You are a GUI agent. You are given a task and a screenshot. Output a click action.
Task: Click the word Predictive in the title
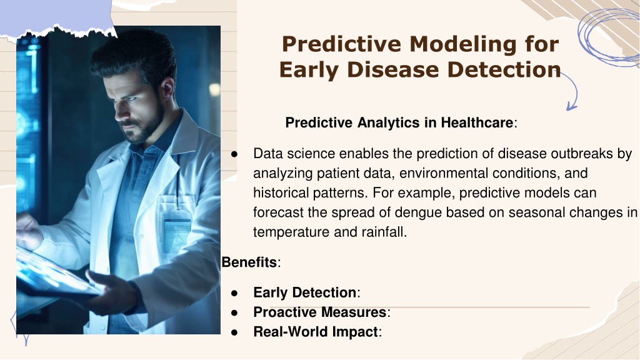[342, 44]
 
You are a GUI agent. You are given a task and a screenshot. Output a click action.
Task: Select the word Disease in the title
[394, 69]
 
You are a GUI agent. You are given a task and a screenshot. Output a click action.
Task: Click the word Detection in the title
[504, 69]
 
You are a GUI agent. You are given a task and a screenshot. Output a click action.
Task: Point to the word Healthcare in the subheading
[477, 122]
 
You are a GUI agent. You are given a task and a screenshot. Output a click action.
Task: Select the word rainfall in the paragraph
[384, 232]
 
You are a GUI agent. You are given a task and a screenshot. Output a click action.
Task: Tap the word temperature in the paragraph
[291, 232]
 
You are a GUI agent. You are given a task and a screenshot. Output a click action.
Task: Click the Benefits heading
[249, 262]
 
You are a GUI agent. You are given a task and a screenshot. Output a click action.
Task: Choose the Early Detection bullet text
[305, 292]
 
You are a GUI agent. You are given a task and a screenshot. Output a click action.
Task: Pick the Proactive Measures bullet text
[320, 312]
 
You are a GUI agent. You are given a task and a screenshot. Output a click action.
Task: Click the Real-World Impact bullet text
[316, 332]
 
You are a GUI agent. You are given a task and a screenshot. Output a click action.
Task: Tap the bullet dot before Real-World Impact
[234, 332]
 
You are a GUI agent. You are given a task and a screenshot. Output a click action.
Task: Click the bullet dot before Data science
[234, 154]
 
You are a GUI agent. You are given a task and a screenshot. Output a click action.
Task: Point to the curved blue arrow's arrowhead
[571, 106]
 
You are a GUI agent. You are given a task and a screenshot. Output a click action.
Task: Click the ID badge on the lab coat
[176, 237]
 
